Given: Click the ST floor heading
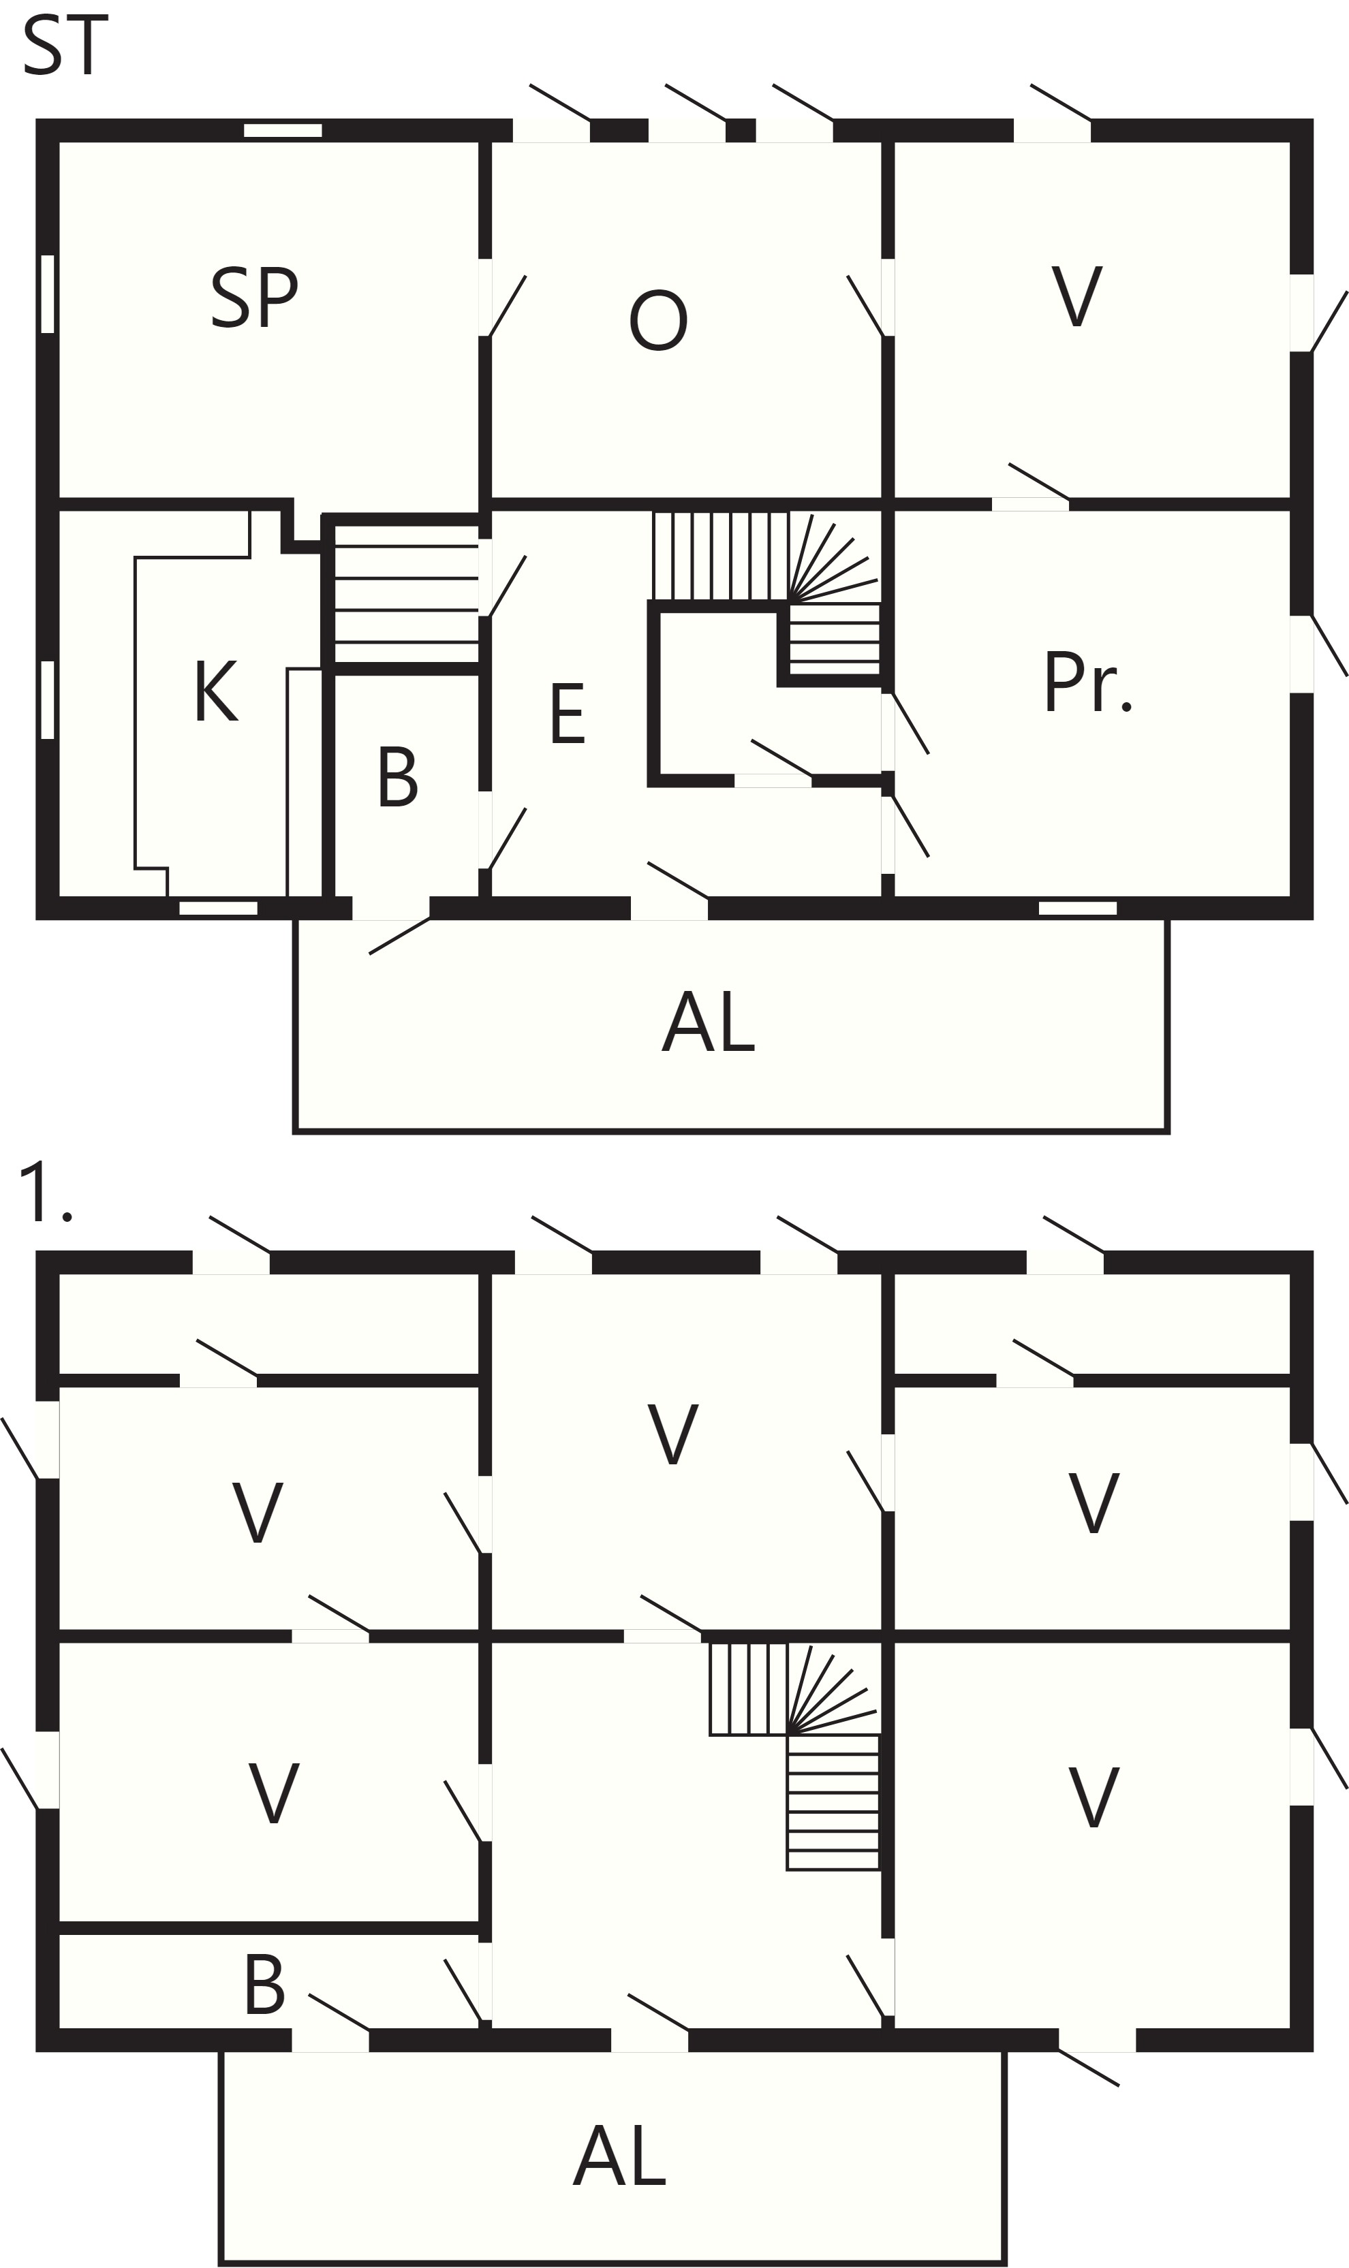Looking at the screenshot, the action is (x=65, y=46).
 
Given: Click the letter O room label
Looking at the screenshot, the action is (x=658, y=320).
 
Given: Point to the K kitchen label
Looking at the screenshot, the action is (x=217, y=691).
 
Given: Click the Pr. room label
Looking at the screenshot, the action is (x=1088, y=682).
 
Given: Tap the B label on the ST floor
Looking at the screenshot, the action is (x=397, y=777).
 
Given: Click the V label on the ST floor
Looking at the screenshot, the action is (x=1077, y=296).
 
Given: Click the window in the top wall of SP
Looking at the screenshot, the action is (x=283, y=130).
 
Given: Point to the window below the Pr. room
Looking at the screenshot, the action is (x=1077, y=908).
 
